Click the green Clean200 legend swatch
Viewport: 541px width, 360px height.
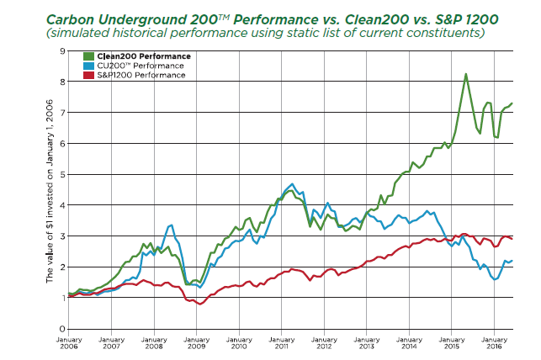(88, 56)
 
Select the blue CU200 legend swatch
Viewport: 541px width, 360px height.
(88, 66)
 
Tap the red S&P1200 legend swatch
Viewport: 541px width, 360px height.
(88, 75)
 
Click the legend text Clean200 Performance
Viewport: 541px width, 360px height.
(144, 56)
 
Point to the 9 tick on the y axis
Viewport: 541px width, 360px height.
(62, 51)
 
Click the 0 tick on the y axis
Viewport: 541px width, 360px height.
(62, 329)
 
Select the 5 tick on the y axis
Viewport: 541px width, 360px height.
(62, 174)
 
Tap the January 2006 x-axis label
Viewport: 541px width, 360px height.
(69, 343)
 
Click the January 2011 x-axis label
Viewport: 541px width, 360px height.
(282, 343)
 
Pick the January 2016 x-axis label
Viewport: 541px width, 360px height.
(494, 343)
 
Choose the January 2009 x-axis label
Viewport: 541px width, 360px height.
(196, 343)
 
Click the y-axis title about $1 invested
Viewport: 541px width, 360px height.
(50, 191)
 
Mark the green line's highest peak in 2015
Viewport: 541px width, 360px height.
(466, 74)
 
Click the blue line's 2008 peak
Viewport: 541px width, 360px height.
(172, 225)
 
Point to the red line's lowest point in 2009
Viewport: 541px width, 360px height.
(199, 304)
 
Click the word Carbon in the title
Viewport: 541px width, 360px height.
(70, 19)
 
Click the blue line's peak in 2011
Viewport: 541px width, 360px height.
(292, 184)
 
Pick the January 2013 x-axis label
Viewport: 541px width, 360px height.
(367, 343)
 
